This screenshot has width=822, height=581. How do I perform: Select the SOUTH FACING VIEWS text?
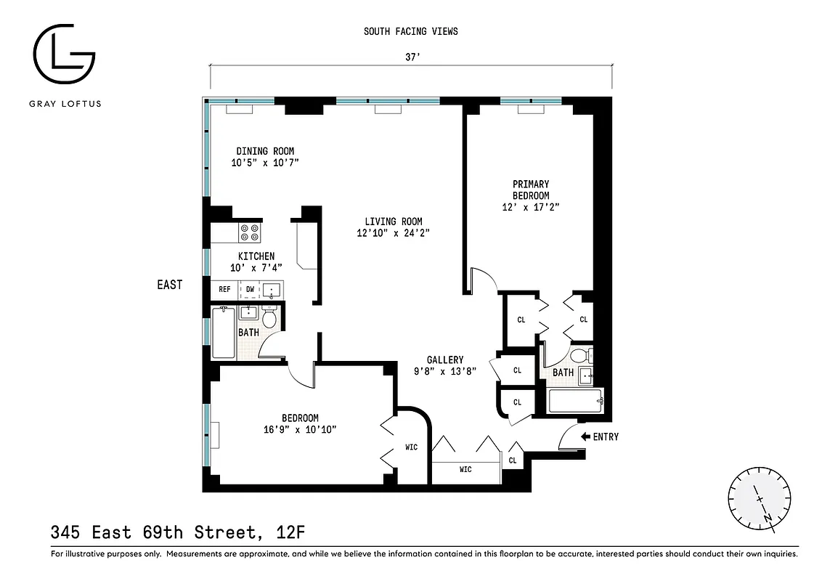click(x=410, y=31)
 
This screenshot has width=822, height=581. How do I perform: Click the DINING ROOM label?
click(x=265, y=151)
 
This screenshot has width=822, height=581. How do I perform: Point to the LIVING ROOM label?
click(x=393, y=222)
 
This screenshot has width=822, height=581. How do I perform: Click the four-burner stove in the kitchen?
click(x=250, y=232)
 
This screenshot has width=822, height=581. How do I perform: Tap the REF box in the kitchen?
click(x=224, y=289)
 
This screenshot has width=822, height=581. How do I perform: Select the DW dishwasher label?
click(x=249, y=289)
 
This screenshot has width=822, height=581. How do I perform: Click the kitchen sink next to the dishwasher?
click(x=272, y=290)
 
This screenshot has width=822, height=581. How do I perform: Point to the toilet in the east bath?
click(x=269, y=317)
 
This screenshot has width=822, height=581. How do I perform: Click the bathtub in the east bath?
click(x=224, y=333)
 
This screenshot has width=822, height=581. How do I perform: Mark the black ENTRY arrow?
click(x=585, y=436)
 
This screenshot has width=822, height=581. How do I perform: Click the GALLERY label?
click(x=444, y=359)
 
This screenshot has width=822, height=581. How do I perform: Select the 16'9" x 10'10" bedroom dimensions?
click(x=300, y=429)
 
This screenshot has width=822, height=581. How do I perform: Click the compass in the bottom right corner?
click(x=759, y=498)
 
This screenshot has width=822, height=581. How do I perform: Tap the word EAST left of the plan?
click(x=170, y=285)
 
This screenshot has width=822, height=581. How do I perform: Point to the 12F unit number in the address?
click(x=290, y=533)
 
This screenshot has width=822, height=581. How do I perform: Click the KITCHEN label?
click(x=256, y=256)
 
